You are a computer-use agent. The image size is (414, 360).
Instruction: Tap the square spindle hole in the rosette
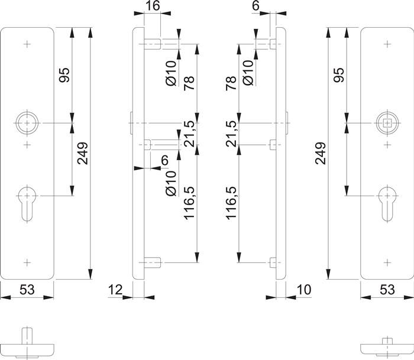386,123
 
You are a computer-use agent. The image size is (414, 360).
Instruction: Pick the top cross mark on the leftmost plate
26,44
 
